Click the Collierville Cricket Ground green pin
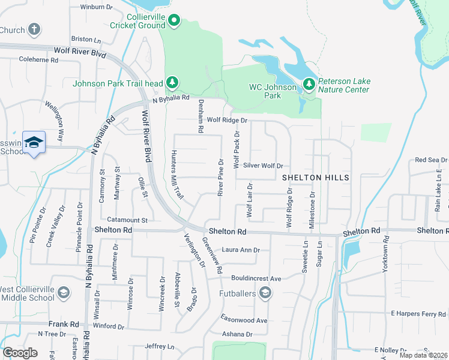click(174, 21)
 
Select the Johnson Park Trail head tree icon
click(172, 82)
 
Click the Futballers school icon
click(265, 293)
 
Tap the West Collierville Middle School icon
click(64, 292)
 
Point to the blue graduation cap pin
click(34, 142)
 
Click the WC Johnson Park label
click(273, 91)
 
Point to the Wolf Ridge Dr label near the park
click(227, 120)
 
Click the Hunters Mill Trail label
click(177, 175)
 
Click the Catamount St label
click(127, 220)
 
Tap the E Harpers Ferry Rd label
click(418, 313)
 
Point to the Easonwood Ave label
click(244, 320)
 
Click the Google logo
click(20, 353)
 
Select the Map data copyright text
click(423, 355)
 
